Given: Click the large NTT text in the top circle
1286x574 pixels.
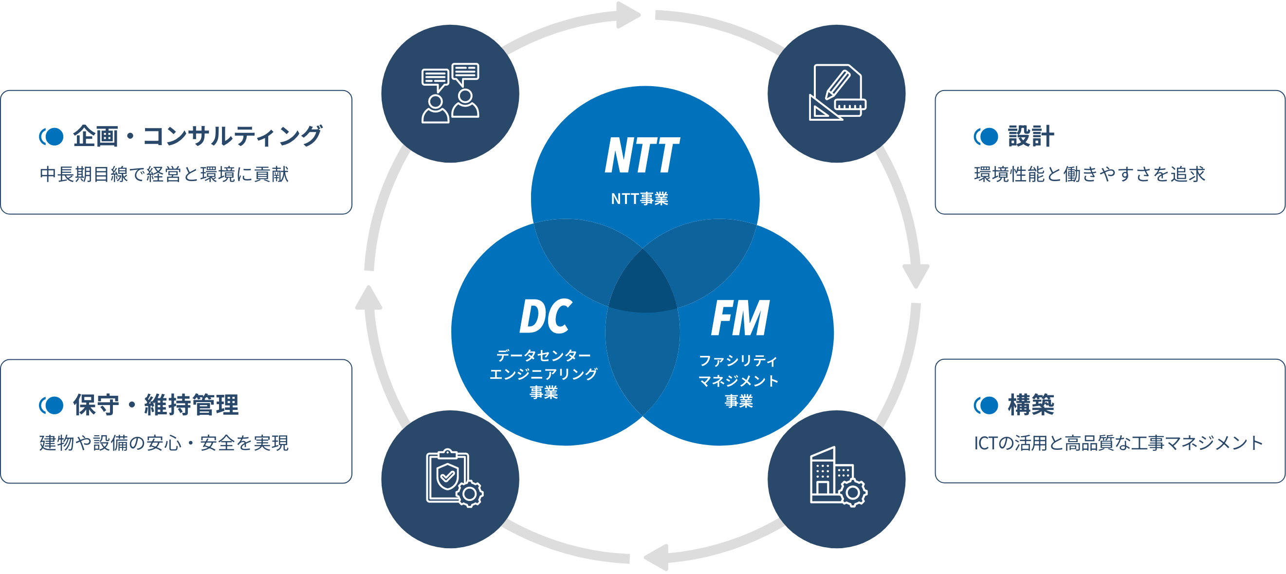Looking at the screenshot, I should click(642, 155).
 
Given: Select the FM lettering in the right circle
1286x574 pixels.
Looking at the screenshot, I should click(740, 318).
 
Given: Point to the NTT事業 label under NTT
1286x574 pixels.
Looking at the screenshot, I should click(640, 199).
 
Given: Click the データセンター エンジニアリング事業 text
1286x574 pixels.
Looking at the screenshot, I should click(543, 374).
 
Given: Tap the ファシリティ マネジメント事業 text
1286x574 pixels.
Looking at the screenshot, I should click(738, 380).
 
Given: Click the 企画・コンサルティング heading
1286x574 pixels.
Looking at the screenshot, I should click(197, 136).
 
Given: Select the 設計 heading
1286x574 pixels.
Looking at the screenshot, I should click(1030, 136).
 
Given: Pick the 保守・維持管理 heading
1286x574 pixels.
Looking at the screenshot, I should click(156, 404).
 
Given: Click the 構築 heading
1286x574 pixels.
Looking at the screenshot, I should click(1030, 404).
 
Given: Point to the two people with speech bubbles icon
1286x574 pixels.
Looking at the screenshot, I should click(450, 93).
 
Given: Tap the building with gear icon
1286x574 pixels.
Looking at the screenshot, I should click(837, 478).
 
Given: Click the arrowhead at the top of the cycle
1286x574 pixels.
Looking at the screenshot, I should click(627, 15).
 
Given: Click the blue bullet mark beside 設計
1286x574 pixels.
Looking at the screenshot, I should click(986, 136).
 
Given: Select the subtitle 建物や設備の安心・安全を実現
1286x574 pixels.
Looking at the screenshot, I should click(164, 443).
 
